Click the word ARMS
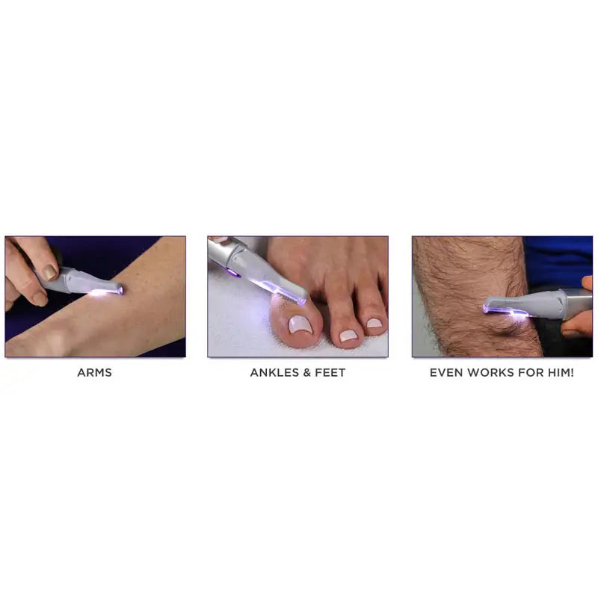click(x=94, y=372)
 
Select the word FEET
click(x=330, y=372)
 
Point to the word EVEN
click(x=446, y=372)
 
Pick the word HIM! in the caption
click(x=559, y=372)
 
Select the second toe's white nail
click(x=348, y=336)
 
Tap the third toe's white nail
click(x=374, y=324)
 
